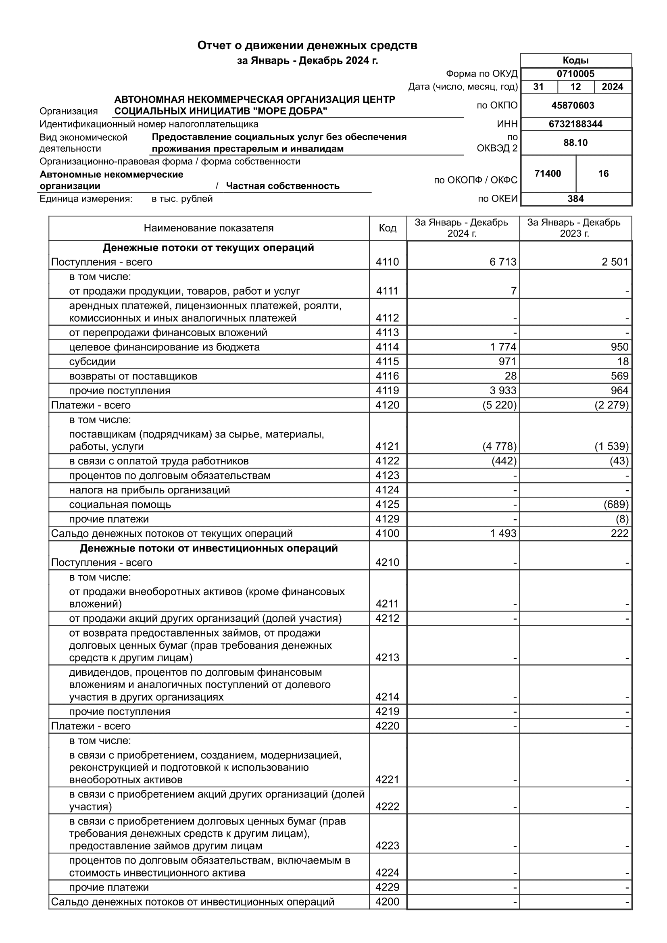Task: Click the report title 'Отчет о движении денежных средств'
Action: click(x=307, y=46)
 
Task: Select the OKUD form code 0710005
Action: click(x=575, y=74)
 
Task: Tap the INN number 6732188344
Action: click(x=575, y=124)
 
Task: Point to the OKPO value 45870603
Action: click(x=573, y=106)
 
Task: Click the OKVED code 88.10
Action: click(x=575, y=143)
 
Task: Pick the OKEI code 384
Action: click(x=575, y=199)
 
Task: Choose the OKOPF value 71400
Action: click(x=548, y=174)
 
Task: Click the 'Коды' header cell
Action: click(x=575, y=60)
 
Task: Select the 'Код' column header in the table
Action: click(x=387, y=228)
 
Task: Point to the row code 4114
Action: click(x=387, y=347)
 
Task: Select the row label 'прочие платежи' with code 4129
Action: click(x=109, y=519)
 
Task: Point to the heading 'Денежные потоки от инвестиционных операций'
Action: click(x=208, y=548)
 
